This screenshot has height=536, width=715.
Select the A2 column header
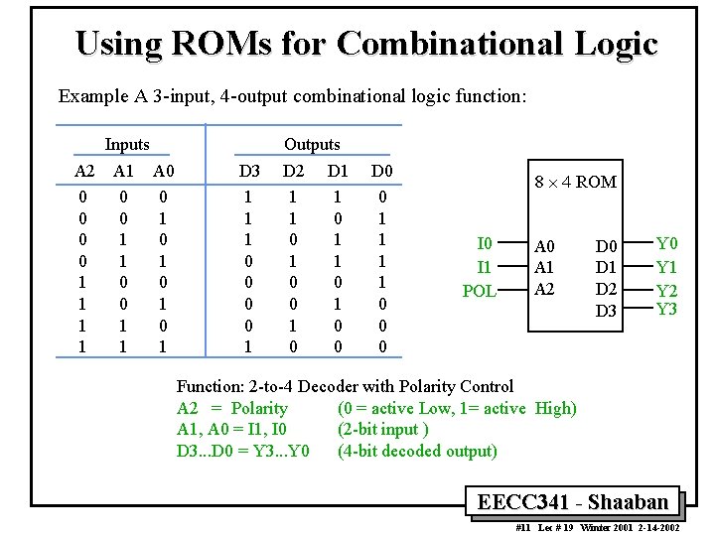tap(84, 172)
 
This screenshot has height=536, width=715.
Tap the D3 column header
tap(249, 172)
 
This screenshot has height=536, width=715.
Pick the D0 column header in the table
tap(381, 172)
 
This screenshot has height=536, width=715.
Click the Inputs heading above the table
tap(127, 145)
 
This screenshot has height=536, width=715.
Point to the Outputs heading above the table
tap(312, 145)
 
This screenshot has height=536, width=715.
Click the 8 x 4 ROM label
tap(575, 182)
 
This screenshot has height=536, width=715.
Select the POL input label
tap(480, 291)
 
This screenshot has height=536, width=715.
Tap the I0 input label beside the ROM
tap(485, 244)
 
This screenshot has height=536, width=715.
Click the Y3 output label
tap(667, 309)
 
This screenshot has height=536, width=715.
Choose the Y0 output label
tap(667, 244)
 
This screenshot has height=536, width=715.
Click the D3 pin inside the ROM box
tap(606, 312)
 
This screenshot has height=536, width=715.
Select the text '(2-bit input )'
tap(383, 429)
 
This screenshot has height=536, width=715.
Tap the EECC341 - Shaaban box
tap(574, 502)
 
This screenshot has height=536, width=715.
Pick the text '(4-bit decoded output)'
tap(417, 451)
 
